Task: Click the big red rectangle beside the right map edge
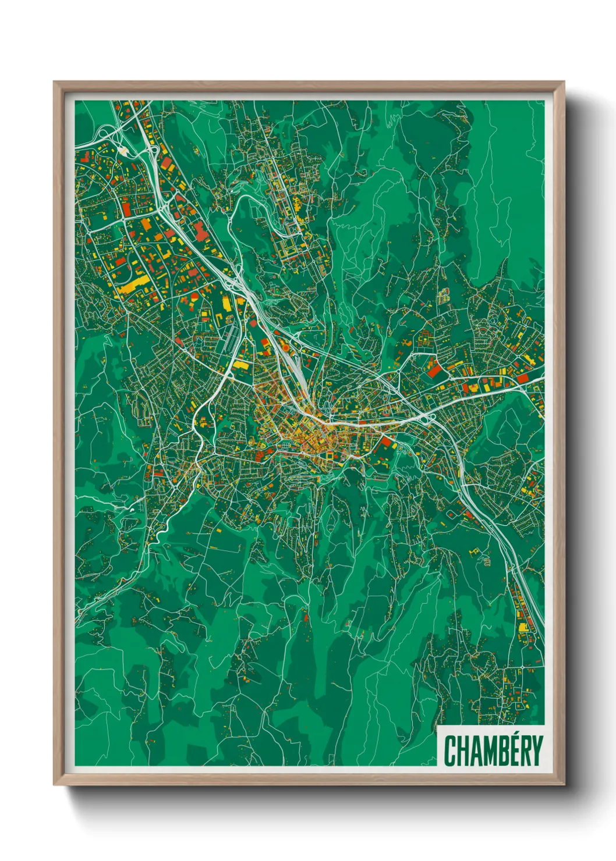[x=522, y=378]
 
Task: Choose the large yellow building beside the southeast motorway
[x=522, y=627]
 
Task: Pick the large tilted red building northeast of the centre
[x=434, y=367]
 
